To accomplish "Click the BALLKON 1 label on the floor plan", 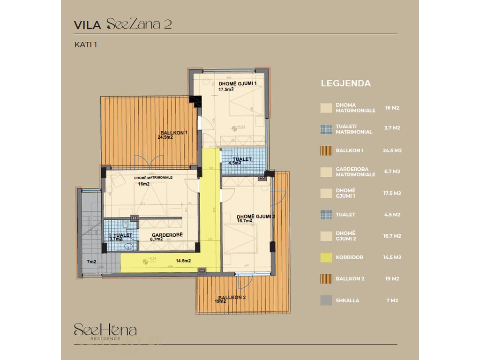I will pos(173,133).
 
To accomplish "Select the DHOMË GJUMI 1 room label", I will pos(238,83).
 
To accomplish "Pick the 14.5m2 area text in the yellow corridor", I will pos(183,261).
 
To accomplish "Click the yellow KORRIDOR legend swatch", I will pos(326,257).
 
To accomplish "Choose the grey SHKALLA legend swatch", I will pos(326,300).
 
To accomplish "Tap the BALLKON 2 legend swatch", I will pos(326,279).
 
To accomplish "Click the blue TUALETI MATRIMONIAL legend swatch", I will pos(326,129).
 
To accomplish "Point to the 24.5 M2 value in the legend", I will pos(392,151).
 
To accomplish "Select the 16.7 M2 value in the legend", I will pos(392,236).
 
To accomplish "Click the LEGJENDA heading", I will pos(345,83).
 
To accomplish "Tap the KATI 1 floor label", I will pos(85,45).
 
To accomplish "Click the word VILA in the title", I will pos(88,25).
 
